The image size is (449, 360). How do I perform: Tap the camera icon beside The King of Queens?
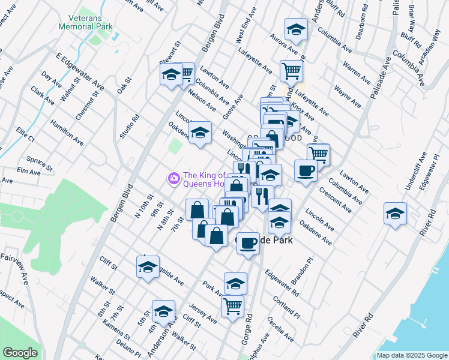click(174, 178)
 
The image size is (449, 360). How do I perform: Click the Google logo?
click(20, 353)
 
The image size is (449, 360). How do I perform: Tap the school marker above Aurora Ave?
click(296, 29)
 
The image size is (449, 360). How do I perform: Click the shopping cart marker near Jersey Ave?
click(232, 306)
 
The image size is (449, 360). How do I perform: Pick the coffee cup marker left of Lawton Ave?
click(306, 170)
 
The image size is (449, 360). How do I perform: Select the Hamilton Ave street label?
click(67, 131)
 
